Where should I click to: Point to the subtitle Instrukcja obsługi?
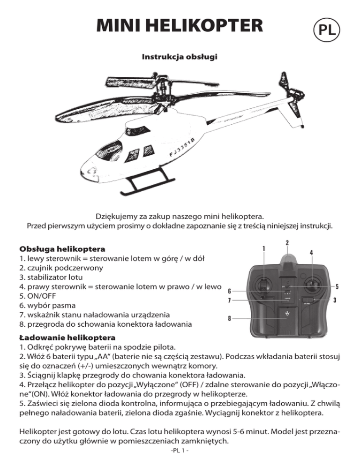point(180,57)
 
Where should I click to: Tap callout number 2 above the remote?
point(287,243)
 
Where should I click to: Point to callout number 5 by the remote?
point(337,286)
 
